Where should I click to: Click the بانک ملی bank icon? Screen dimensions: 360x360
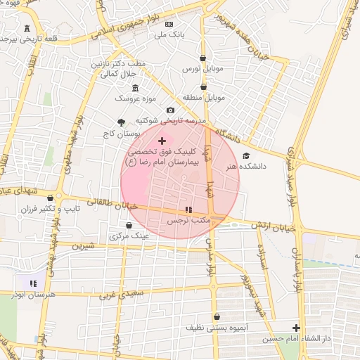point(169,24)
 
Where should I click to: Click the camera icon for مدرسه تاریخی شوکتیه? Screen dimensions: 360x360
point(170,110)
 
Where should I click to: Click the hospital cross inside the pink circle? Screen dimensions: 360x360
point(162,141)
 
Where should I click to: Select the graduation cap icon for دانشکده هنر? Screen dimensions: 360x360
point(245,155)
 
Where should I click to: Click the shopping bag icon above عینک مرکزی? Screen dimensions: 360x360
point(129,225)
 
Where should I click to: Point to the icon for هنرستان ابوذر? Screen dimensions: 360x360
point(32,283)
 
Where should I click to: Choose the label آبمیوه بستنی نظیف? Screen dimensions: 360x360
point(217,328)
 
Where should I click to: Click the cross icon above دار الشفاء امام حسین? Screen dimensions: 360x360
point(296,328)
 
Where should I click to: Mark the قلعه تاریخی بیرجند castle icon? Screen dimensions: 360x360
point(27,27)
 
